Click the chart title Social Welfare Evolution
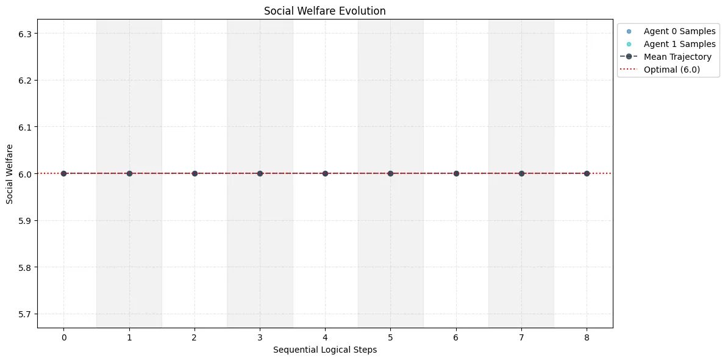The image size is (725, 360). click(324, 11)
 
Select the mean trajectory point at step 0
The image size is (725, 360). click(63, 173)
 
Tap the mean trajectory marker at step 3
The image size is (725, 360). click(260, 173)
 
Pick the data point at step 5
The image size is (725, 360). click(390, 173)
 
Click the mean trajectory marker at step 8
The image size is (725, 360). click(587, 173)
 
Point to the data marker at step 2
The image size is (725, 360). click(195, 173)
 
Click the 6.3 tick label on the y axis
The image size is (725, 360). click(24, 34)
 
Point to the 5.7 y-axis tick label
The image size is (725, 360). click(24, 314)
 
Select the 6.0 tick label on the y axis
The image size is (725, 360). click(24, 174)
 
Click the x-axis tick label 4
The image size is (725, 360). click(325, 337)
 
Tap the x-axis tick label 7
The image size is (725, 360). click(521, 337)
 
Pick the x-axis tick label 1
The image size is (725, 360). click(129, 337)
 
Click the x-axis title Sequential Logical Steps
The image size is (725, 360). click(324, 350)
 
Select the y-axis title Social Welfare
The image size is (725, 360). click(10, 174)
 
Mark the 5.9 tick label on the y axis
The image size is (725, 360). click(24, 221)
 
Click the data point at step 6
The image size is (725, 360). click(456, 173)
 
